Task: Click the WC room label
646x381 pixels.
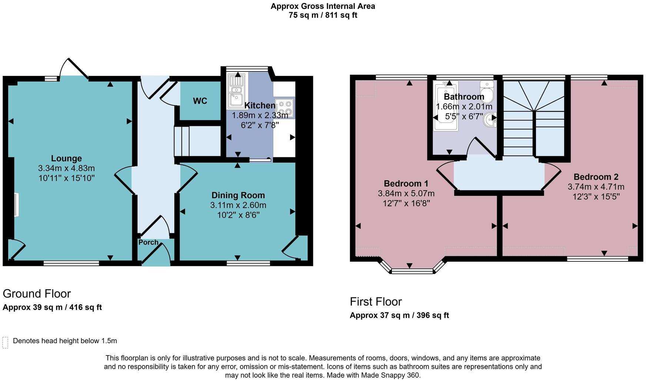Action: pos(200,101)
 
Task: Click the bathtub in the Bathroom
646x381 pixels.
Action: pos(446,106)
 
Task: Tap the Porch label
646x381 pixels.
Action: pos(148,243)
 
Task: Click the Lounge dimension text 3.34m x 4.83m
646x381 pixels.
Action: pos(66,168)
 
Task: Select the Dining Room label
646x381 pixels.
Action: pos(238,195)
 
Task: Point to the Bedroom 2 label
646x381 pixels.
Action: pos(596,177)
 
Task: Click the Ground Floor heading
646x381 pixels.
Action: pos(37,294)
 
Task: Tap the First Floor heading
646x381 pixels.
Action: pos(376,302)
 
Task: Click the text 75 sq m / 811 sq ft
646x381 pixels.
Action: pos(323,16)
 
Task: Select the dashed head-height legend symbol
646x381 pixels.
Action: pos(5,342)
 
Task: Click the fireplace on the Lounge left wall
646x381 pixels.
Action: pos(16,204)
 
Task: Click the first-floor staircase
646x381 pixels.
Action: pos(533,118)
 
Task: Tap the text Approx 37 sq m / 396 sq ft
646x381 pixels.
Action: pos(399,315)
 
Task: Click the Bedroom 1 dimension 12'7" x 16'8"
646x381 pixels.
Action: pos(406,203)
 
